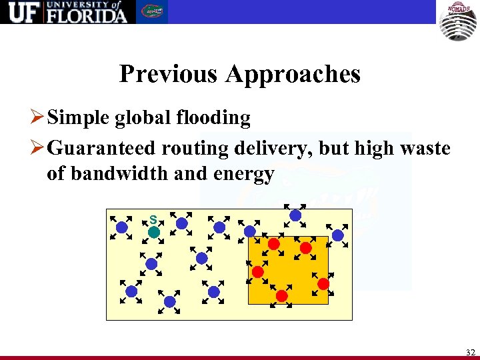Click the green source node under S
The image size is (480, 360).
tap(153, 233)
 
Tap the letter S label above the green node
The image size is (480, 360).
tap(153, 219)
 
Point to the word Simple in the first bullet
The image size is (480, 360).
tap(79, 118)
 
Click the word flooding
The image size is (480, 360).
tap(217, 118)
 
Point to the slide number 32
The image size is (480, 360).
tap(471, 352)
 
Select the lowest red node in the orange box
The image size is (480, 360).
tap(282, 295)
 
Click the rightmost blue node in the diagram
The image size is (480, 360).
tap(338, 235)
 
